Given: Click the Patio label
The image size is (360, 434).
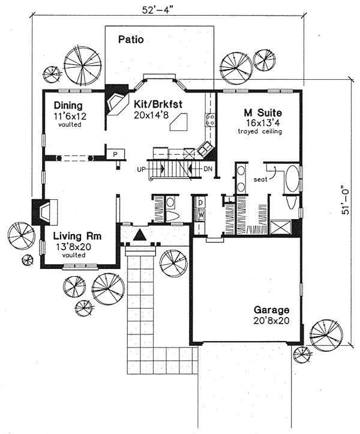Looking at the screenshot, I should (x=130, y=41).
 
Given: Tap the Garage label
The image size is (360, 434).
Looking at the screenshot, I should (x=271, y=310).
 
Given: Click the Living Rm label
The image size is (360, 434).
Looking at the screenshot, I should (x=76, y=236).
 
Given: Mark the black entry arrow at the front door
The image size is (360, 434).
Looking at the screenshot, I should (x=139, y=235).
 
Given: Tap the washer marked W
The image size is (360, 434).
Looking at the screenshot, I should (x=201, y=214).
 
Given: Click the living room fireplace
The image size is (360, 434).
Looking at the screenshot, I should (x=43, y=211).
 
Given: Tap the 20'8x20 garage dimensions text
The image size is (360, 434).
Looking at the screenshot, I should (x=271, y=321).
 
